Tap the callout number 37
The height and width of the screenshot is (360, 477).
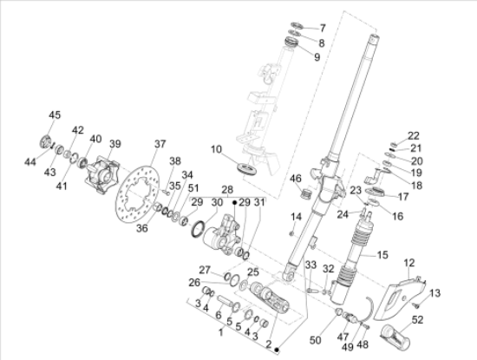[x=160, y=144]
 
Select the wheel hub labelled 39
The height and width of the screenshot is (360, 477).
[x=101, y=174]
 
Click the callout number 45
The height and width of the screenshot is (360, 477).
[x=55, y=115]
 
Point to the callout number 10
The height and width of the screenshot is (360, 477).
[x=216, y=149]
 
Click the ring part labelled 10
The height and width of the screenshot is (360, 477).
[x=247, y=168]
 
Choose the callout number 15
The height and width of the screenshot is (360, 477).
[x=382, y=255]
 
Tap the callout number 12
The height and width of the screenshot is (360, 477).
[x=409, y=263]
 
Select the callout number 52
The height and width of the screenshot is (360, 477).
[x=417, y=320]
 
